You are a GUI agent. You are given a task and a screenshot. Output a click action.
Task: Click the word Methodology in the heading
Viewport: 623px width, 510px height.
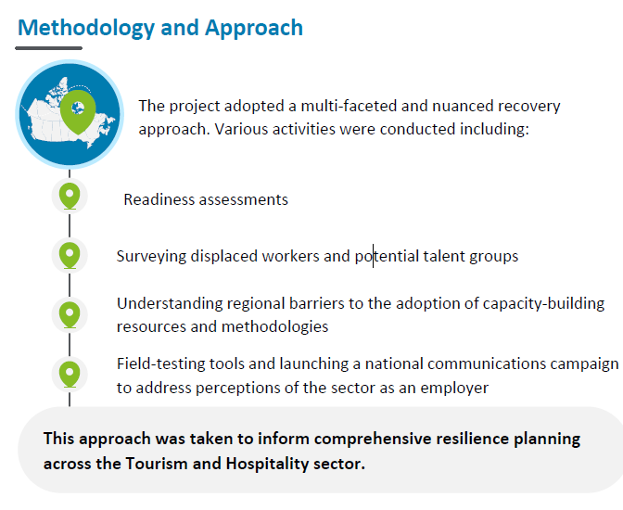coord(86,28)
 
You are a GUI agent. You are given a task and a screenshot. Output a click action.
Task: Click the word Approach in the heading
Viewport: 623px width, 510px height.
coord(254,28)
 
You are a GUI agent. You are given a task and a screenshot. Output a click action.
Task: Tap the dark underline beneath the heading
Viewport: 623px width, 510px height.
coord(48,48)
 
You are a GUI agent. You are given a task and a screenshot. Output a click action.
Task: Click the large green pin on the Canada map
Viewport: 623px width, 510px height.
coord(78,112)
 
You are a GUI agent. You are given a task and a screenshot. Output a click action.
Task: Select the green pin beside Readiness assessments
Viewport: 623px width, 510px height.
coord(70,196)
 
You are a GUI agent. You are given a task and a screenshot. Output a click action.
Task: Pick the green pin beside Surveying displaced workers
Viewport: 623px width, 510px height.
coord(70,256)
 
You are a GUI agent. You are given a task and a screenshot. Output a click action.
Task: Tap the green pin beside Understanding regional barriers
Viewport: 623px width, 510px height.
coord(70,315)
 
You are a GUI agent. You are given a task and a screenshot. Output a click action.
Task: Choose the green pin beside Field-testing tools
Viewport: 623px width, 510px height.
coord(70,375)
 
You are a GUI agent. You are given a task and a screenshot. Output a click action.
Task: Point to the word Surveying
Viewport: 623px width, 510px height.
coord(151,257)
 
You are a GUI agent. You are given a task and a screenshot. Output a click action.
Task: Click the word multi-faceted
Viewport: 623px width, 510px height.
coord(349,106)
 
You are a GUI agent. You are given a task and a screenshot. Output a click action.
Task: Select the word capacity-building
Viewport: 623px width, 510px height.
coord(543,304)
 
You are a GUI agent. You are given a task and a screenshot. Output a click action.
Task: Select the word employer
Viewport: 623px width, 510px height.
coord(454,389)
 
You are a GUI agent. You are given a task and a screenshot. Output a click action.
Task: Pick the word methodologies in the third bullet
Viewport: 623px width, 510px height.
coord(275,326)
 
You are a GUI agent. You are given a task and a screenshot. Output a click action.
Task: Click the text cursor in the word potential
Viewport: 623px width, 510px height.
coord(373,256)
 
